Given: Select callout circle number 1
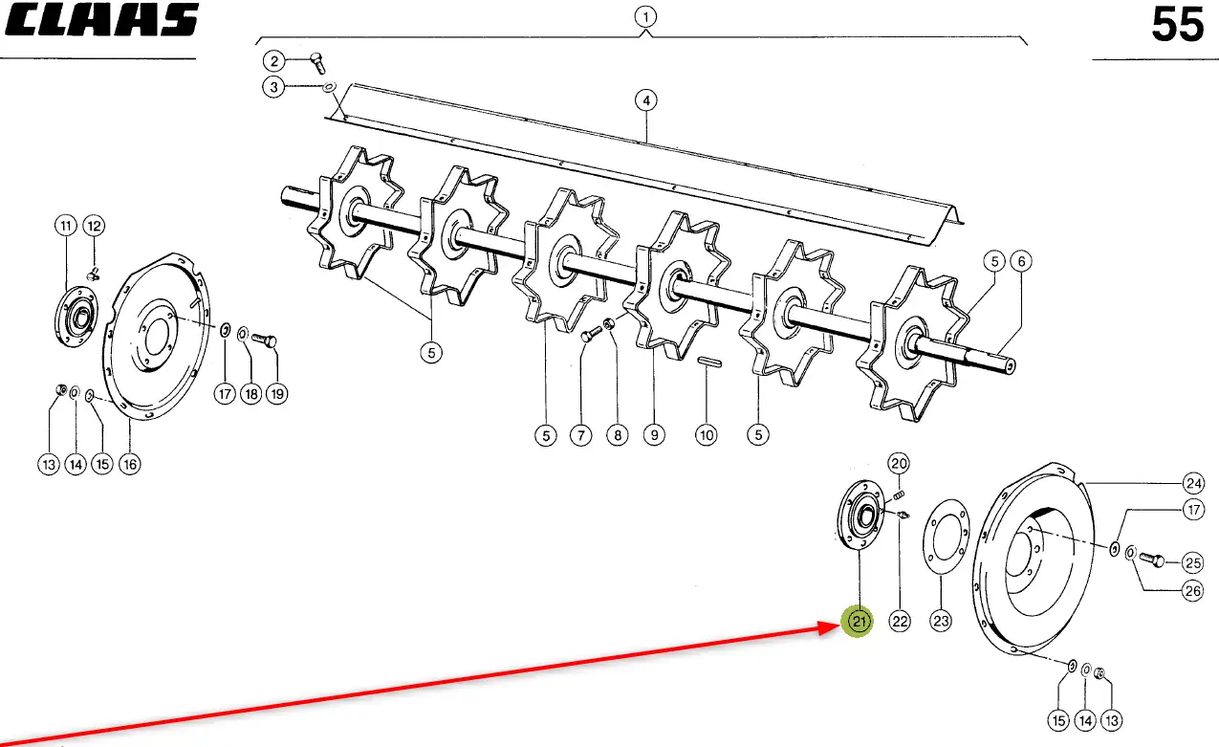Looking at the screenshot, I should (646, 16).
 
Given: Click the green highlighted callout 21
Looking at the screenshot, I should (858, 622).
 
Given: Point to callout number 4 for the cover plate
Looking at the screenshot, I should (646, 99).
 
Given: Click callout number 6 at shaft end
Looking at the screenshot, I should (1020, 260).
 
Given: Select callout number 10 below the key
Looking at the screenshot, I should (706, 435).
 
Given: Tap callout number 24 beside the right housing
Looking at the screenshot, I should (1192, 482).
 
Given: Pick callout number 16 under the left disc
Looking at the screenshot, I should (129, 465).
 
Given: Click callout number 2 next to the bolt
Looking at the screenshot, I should (274, 62).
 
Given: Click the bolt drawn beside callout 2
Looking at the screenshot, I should (316, 64).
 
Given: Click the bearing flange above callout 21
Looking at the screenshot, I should (860, 517).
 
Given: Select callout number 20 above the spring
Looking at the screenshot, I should (899, 464).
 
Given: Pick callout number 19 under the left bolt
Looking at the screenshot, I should (276, 393).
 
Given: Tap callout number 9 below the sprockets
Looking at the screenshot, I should (653, 435).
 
